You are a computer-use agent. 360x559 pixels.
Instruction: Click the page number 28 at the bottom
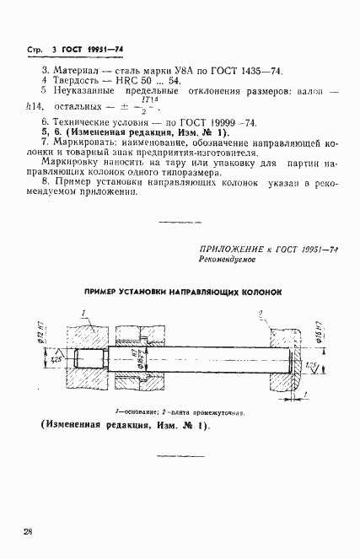[x=29, y=532]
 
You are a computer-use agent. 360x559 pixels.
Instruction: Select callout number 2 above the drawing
[x=262, y=314]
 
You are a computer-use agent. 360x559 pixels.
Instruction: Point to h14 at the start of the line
[x=35, y=108]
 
